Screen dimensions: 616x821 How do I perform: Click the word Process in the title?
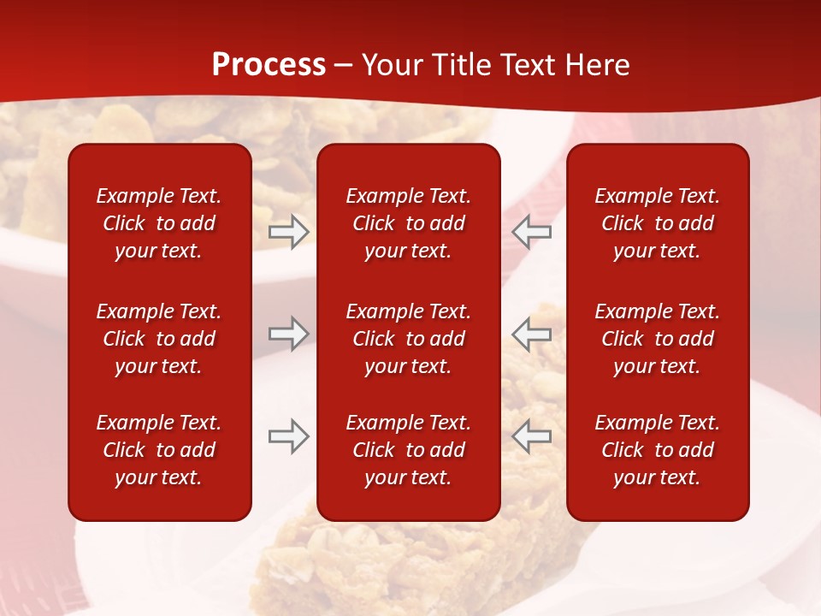(269, 65)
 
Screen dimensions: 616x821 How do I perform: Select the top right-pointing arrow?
(289, 232)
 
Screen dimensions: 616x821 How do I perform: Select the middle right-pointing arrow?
(289, 334)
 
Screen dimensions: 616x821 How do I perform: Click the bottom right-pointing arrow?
(289, 436)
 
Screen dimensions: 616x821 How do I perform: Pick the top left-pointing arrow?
(532, 232)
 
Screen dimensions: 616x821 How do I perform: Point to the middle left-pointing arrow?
(532, 334)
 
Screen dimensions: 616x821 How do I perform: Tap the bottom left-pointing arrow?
(532, 436)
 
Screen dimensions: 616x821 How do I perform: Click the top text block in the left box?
(159, 223)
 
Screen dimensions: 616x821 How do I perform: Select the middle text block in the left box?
(159, 339)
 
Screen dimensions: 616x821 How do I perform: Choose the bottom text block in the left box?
(159, 450)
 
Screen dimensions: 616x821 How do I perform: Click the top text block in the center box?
(409, 223)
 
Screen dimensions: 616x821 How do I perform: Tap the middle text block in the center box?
(409, 339)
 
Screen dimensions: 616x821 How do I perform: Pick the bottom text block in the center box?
(409, 450)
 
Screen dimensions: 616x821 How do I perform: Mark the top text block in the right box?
(658, 223)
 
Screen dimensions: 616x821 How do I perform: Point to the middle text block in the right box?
(658, 339)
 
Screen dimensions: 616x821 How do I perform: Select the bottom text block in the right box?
(658, 450)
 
